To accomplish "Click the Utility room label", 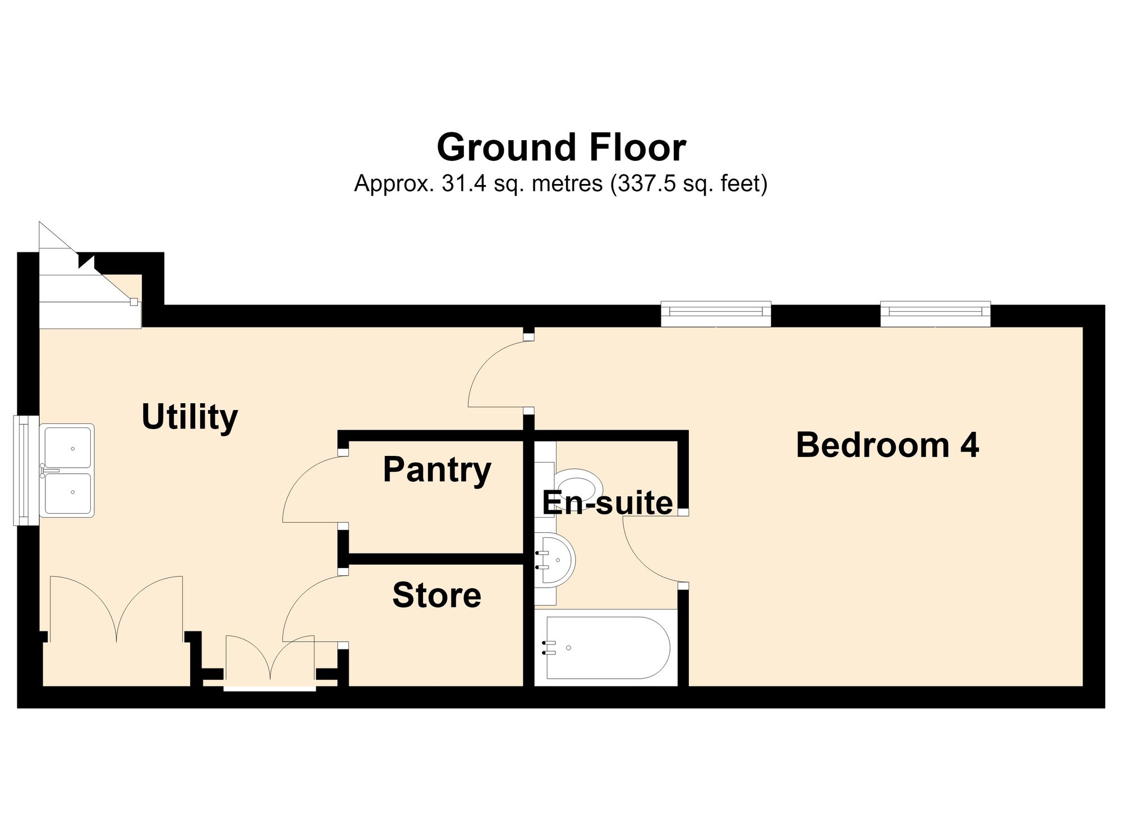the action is [190, 418].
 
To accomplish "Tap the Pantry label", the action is [437, 470].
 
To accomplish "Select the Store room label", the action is [436, 595].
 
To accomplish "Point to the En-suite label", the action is [607, 502].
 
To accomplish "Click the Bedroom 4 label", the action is [888, 445].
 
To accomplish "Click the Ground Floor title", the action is [561, 147].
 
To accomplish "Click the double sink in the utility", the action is [67, 470].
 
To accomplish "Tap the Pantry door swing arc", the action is [303, 477].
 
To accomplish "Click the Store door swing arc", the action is [303, 597].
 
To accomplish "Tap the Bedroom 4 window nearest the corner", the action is [935, 314].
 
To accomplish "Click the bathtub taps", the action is [549, 648].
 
